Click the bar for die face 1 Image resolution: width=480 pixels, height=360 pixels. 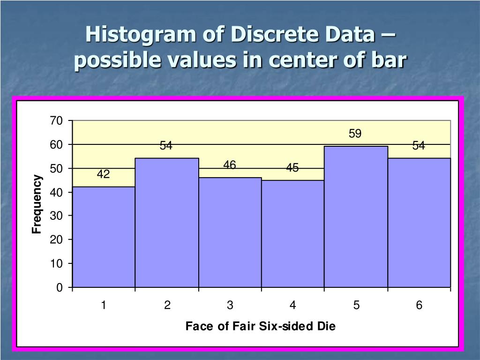point(104,237)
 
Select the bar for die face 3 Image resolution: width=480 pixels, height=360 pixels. point(230,232)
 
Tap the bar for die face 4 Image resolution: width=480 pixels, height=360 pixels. point(292,233)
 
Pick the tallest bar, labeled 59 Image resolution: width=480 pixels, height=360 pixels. point(356,217)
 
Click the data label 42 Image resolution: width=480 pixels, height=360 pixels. point(104,175)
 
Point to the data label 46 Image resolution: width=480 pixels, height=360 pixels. point(230,165)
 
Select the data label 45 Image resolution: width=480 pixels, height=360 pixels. point(292,168)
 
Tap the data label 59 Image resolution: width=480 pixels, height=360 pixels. point(355,134)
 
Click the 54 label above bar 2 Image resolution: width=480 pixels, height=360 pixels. point(166,146)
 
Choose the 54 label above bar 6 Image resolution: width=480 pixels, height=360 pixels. point(419,146)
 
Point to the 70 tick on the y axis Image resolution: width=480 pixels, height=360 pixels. point(56,121)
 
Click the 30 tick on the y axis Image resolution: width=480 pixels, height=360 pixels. point(56,216)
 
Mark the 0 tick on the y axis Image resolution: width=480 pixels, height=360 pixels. point(59,287)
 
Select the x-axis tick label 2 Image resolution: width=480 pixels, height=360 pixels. point(167,306)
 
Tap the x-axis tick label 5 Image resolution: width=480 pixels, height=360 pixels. point(356,306)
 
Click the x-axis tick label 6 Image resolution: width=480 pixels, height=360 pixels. point(419,306)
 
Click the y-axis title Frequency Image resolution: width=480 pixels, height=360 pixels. point(37,204)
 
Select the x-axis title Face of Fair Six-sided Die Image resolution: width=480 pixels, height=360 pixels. point(261,326)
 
